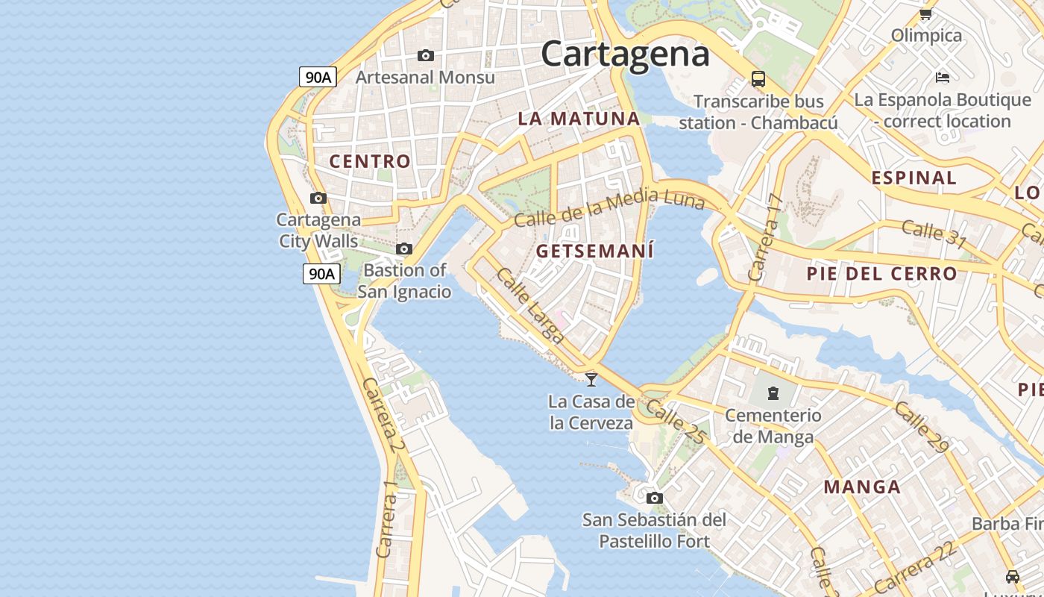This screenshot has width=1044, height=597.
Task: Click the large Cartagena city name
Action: (625, 54)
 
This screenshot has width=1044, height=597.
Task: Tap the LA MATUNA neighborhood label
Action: (579, 119)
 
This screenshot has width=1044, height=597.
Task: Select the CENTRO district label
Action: (370, 161)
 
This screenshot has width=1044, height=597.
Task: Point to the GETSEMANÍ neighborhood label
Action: (595, 251)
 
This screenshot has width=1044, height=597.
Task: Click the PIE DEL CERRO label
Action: (881, 274)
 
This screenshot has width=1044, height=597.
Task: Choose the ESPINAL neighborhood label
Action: (913, 178)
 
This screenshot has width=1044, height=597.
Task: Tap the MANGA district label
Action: (862, 487)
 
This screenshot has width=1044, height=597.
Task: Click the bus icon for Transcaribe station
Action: (758, 78)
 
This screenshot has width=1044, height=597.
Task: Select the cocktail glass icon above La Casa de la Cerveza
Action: (591, 379)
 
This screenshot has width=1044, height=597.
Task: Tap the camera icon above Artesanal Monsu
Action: (426, 56)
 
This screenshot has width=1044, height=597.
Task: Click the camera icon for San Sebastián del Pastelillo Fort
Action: (655, 498)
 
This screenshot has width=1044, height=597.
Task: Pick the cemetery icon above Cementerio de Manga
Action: (773, 393)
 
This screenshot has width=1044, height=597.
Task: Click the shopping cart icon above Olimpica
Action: (926, 13)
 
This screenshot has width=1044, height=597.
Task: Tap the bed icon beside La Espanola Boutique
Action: (943, 77)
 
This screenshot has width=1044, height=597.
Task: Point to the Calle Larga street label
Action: (529, 306)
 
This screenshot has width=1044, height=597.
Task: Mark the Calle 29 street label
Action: (922, 427)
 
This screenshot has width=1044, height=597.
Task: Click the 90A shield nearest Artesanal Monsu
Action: (318, 77)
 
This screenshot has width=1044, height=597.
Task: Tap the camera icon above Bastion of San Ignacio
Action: (404, 249)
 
